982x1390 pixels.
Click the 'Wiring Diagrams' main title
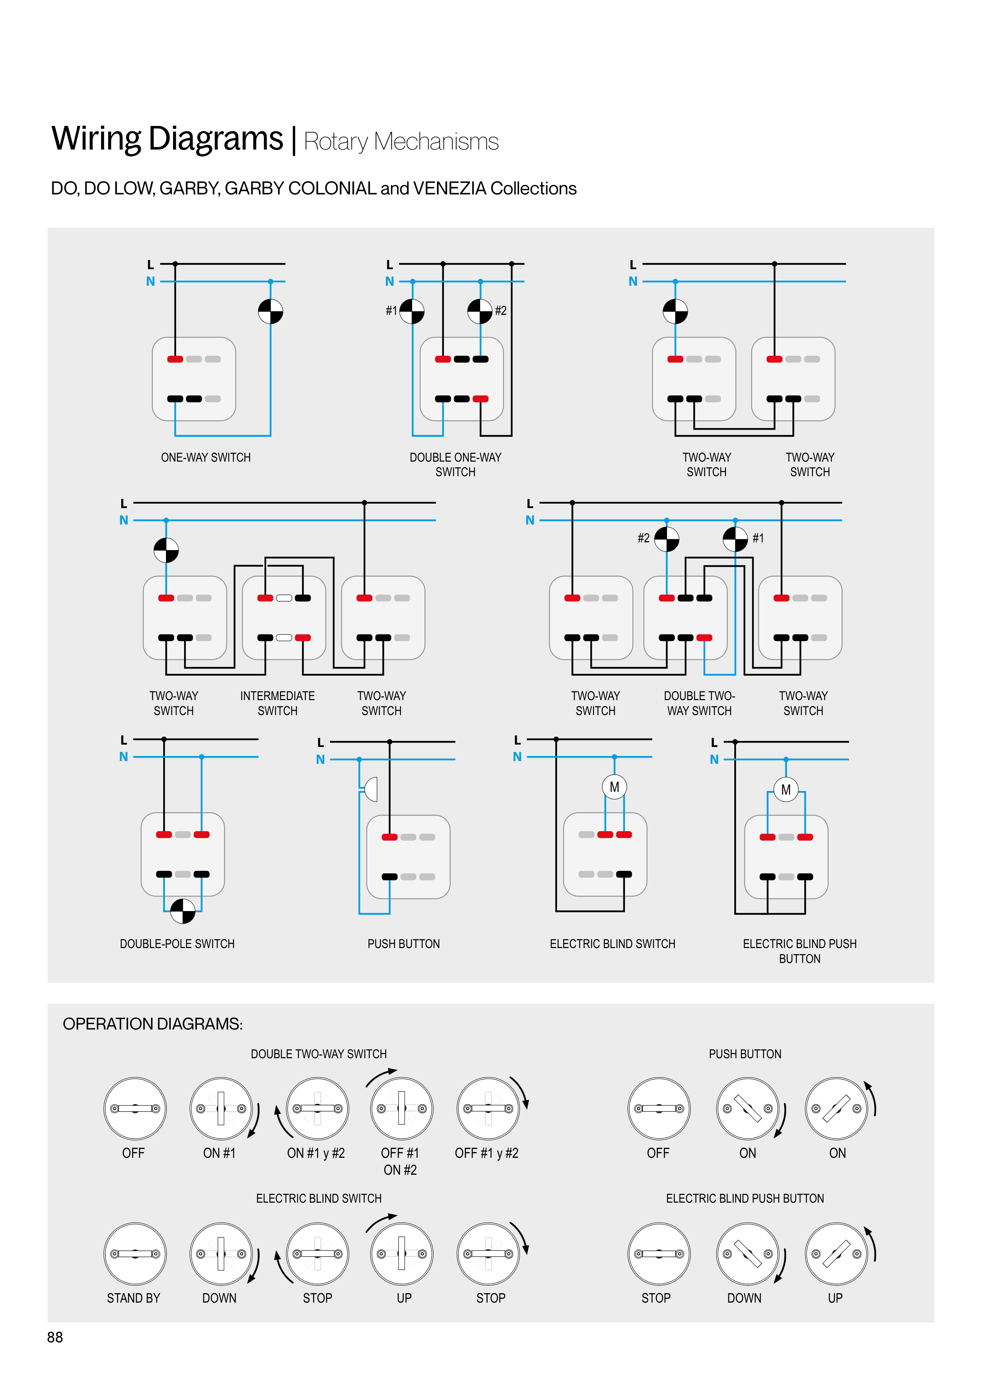(x=167, y=138)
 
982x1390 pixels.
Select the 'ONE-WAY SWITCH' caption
(x=206, y=458)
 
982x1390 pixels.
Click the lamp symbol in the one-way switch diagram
(x=271, y=312)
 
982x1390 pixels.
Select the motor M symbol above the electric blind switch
(x=614, y=787)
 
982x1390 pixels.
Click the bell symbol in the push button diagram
(x=371, y=789)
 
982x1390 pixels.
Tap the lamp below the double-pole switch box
(x=183, y=911)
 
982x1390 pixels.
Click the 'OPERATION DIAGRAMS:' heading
(x=153, y=1024)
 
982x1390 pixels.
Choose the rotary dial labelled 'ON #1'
(x=221, y=1109)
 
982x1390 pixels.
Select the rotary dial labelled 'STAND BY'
(x=135, y=1254)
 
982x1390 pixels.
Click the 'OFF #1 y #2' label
(x=486, y=1153)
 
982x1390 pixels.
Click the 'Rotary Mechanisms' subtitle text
(x=401, y=142)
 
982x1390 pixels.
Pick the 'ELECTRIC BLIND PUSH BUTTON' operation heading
(x=745, y=1199)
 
